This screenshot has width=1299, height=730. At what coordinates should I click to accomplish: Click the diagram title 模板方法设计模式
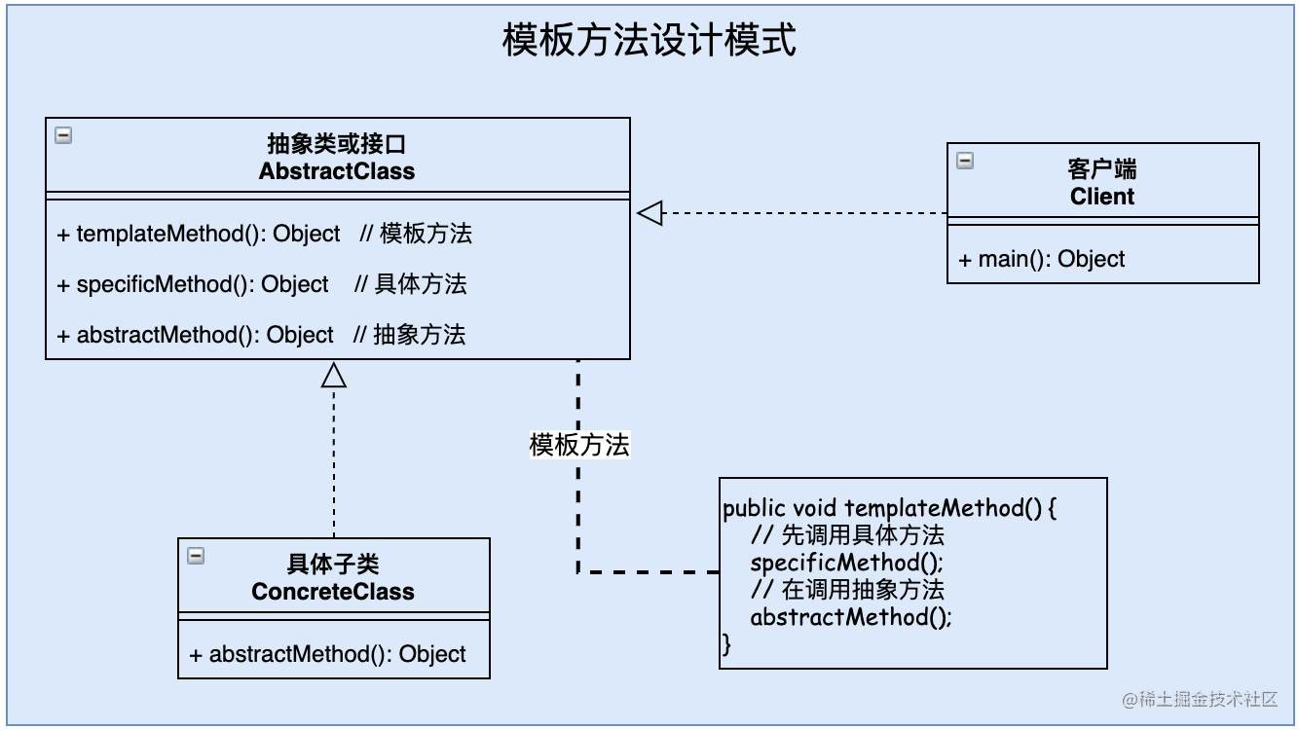pyautogui.click(x=649, y=41)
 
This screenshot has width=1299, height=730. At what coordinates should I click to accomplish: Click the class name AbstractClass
pyautogui.click(x=337, y=171)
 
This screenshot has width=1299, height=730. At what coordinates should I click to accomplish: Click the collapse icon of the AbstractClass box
pyautogui.click(x=63, y=135)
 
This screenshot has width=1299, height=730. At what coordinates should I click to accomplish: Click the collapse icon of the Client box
pyautogui.click(x=965, y=161)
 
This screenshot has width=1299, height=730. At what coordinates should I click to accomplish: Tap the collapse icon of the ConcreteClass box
pyautogui.click(x=196, y=556)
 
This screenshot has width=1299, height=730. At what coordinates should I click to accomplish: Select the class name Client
pyautogui.click(x=1102, y=197)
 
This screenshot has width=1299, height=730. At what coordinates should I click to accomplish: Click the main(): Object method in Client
pyautogui.click(x=1042, y=259)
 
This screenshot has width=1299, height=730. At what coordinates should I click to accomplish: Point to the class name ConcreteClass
pyautogui.click(x=333, y=592)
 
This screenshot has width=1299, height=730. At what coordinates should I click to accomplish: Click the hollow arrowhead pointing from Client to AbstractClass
pyautogui.click(x=649, y=213)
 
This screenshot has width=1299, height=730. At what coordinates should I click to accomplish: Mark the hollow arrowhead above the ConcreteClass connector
pyautogui.click(x=334, y=375)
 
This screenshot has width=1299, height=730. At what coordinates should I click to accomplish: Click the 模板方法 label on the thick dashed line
pyautogui.click(x=579, y=445)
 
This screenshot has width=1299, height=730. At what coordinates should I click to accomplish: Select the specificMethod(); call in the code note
pyautogui.click(x=847, y=563)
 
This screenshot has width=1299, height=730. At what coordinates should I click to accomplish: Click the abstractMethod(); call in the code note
pyautogui.click(x=851, y=617)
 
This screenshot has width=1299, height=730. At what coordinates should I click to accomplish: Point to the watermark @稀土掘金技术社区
pyautogui.click(x=1200, y=699)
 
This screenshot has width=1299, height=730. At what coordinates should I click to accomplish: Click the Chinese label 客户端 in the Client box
pyautogui.click(x=1102, y=169)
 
